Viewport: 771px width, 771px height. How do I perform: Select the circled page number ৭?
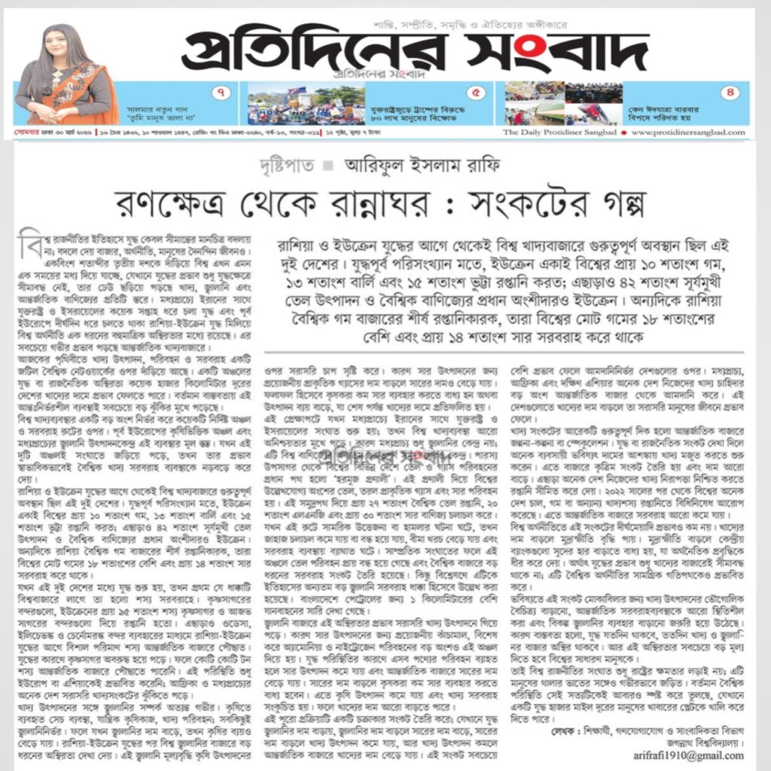click(221, 93)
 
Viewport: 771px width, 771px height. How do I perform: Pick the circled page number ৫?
click(476, 93)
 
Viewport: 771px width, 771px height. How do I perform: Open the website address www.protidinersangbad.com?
click(688, 133)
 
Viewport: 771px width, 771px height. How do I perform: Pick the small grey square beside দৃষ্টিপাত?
click(328, 166)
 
